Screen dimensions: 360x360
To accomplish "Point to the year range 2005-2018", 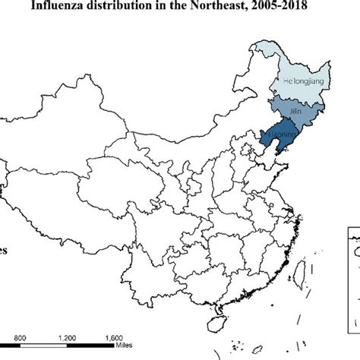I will click(x=303, y=11).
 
